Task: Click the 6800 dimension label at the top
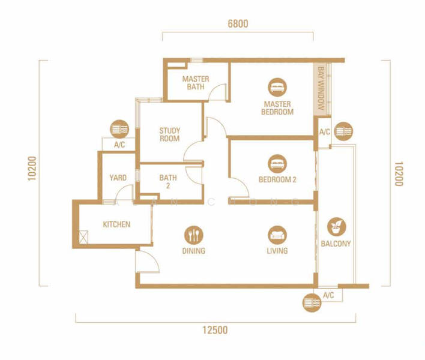pos(238,24)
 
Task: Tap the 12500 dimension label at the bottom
pos(215,330)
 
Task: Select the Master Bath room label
pos(196,83)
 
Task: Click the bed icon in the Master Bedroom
pos(277,88)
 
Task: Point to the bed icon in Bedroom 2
pos(277,164)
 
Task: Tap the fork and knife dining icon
pos(193,235)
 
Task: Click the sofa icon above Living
pos(277,235)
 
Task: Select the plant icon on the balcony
pos(336,227)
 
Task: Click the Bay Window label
pos(321,88)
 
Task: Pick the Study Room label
pos(169,134)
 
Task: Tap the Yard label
pos(118,178)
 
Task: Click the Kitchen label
pos(116,224)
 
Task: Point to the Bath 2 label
pos(168,182)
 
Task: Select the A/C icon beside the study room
pos(119,129)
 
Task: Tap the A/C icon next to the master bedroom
pos(343,131)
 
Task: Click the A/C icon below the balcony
pos(312,302)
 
